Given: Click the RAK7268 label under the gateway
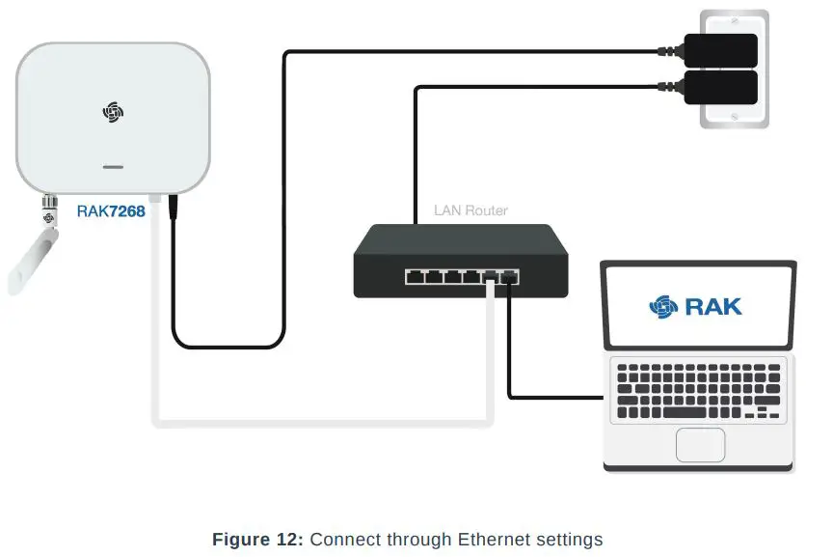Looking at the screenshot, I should [x=111, y=210].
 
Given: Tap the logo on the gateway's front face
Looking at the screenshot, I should [x=114, y=111].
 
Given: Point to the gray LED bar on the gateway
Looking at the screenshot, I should [x=114, y=167].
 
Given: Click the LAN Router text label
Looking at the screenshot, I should [x=470, y=210].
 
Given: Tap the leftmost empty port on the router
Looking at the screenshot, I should [x=415, y=277].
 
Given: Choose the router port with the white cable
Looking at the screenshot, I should [x=491, y=277].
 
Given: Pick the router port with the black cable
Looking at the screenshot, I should [x=509, y=277].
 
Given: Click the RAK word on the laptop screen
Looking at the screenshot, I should [x=713, y=307].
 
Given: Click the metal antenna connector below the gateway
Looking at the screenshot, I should [x=45, y=206].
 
